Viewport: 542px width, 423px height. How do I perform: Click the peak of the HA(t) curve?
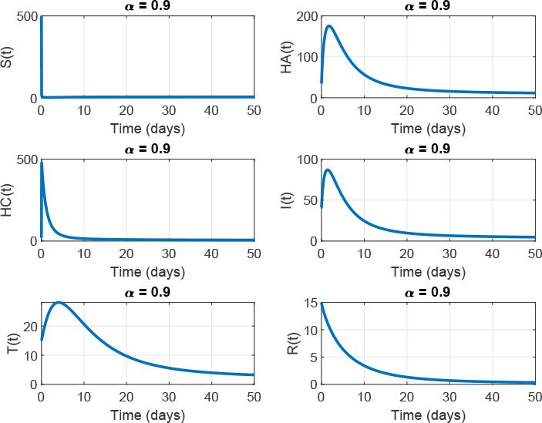[x=329, y=26]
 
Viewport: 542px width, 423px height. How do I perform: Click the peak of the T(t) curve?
[x=58, y=303]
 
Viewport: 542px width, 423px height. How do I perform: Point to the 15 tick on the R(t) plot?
[x=309, y=304]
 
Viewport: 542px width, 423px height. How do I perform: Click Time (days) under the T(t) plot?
[x=147, y=415]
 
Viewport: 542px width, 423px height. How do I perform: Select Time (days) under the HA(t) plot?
[x=426, y=129]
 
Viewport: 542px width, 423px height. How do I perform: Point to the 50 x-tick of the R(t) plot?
[x=533, y=398]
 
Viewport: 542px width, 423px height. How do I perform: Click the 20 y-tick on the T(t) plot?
[x=29, y=327]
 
